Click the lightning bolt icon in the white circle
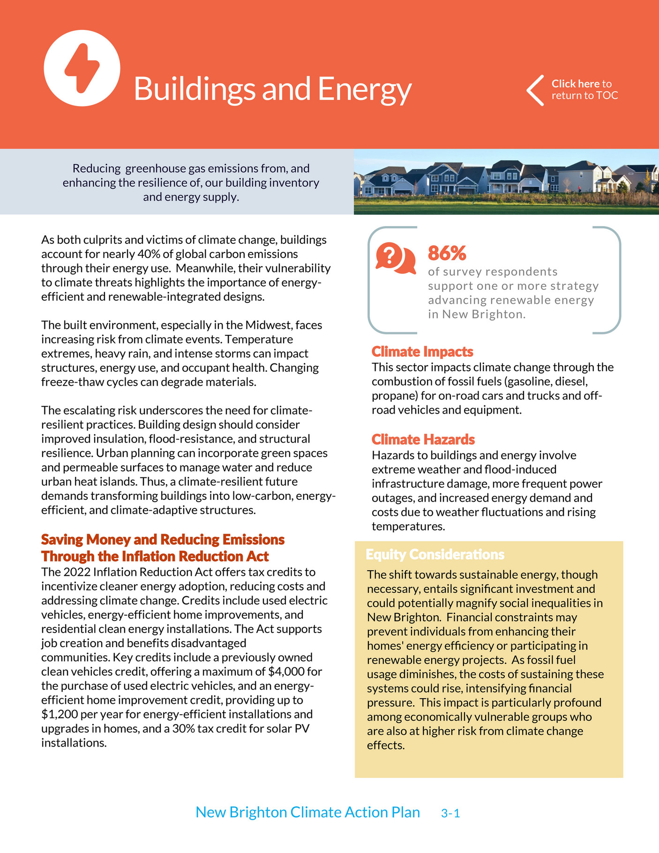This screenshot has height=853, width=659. coord(82,68)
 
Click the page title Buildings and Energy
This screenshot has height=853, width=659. coord(272,89)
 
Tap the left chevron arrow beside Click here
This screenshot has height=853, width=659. coord(535,90)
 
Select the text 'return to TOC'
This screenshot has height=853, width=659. coord(584,96)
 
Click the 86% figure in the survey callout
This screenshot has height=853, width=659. coord(447,253)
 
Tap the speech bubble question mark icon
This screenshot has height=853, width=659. coord(395,258)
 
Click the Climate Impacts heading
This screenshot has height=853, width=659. coord(422,352)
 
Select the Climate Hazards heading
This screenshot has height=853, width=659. coord(423,439)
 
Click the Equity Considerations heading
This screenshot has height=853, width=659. coord(434,554)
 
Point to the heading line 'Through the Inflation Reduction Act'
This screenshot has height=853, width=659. coord(155,556)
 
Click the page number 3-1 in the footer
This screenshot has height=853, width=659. coord(450,814)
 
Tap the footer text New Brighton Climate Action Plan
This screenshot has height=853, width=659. coord(307,812)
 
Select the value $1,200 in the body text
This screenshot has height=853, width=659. coord(60,714)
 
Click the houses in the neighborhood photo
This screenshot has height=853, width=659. coord(506,178)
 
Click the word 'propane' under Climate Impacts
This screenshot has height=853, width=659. coord(391,396)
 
